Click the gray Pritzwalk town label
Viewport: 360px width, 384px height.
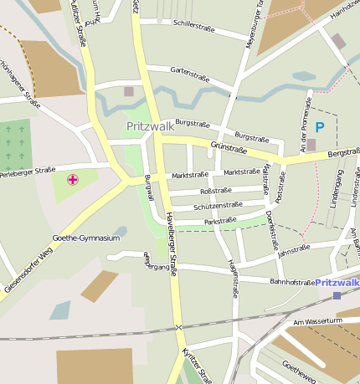151,126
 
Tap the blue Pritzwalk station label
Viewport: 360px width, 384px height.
337,283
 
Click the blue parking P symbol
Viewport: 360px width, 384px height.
319,127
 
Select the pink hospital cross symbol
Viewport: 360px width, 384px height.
73,179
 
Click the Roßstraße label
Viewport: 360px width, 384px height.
215,191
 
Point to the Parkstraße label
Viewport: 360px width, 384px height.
219,222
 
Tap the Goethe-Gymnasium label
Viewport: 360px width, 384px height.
85,238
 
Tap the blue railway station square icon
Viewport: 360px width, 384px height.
337,295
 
